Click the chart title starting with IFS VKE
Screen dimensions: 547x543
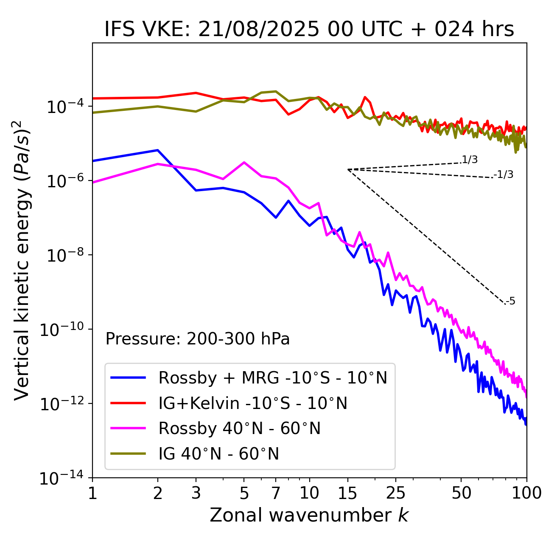(x=309, y=30)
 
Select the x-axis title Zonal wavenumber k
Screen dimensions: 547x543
(x=309, y=515)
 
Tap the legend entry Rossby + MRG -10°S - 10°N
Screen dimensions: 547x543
(x=272, y=378)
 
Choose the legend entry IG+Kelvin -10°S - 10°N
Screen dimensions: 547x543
(x=253, y=403)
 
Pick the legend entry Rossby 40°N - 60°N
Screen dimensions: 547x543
(x=239, y=429)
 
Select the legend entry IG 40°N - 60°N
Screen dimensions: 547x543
(x=218, y=454)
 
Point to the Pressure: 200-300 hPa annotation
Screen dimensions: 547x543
(x=197, y=339)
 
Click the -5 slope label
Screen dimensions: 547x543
(x=511, y=302)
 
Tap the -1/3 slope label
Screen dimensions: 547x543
(x=504, y=175)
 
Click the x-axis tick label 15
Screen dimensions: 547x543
(x=347, y=493)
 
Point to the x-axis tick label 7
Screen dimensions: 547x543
(x=276, y=493)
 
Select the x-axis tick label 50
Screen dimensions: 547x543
(x=461, y=493)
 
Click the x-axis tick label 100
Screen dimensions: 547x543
(x=526, y=493)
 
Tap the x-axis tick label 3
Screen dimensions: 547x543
(x=196, y=493)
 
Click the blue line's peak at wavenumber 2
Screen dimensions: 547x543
(x=158, y=150)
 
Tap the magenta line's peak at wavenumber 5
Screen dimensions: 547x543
(x=244, y=162)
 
